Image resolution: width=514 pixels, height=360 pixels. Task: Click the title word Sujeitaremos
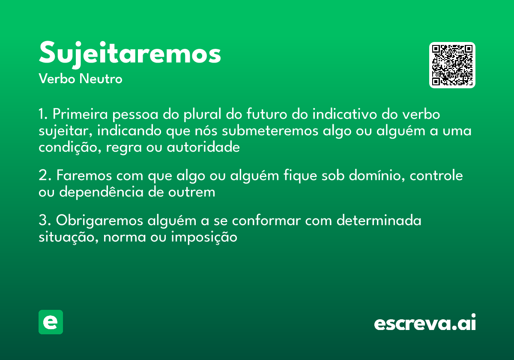click(x=130, y=54)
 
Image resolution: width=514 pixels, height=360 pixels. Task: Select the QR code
click(x=452, y=65)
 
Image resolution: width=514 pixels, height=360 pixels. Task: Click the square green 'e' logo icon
click(x=51, y=322)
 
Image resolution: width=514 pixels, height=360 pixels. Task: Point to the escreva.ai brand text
click(x=425, y=324)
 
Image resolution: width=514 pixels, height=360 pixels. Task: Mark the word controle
click(x=437, y=176)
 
